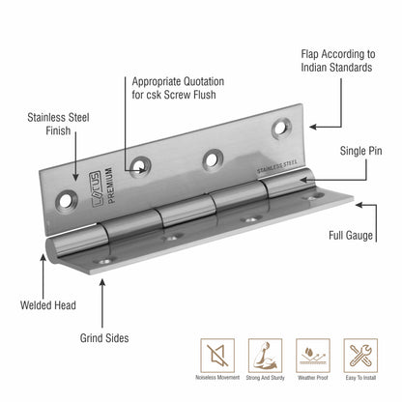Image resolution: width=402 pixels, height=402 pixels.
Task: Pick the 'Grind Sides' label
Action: pyautogui.click(x=102, y=338)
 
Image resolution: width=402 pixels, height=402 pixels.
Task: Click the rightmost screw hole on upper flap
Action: pyautogui.click(x=284, y=125)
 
